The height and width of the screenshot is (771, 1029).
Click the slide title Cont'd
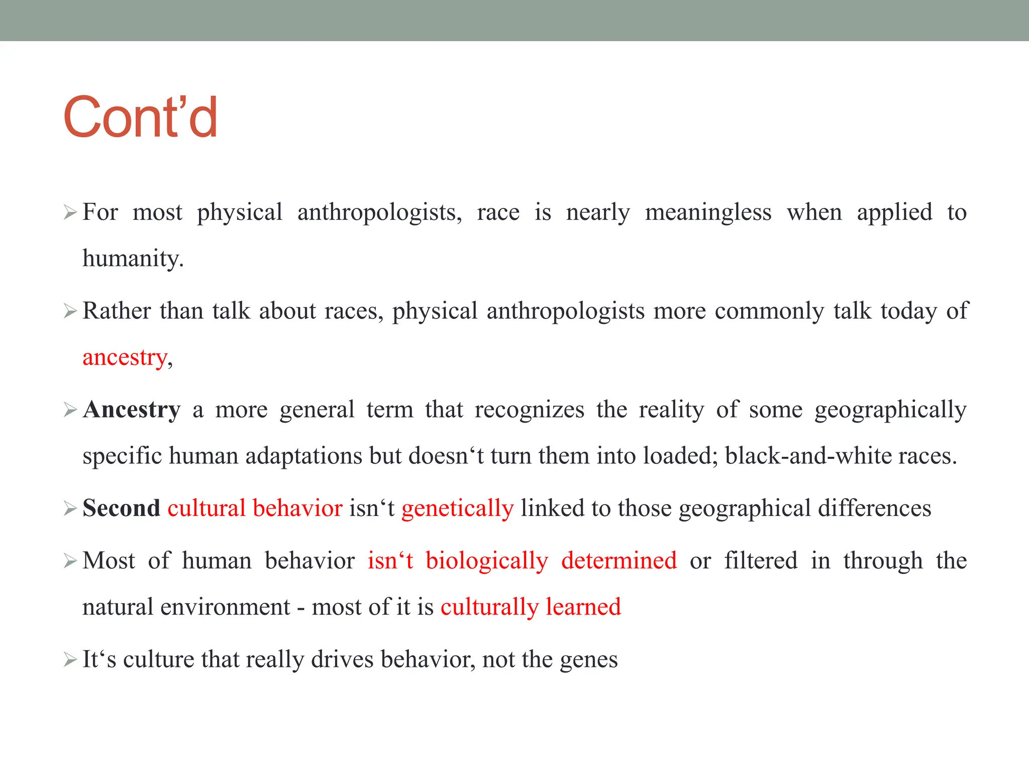(140, 117)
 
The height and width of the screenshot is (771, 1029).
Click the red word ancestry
(125, 357)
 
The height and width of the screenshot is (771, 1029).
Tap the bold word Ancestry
(132, 410)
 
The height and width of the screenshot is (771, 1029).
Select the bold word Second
(121, 508)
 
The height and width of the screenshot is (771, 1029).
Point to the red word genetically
(457, 508)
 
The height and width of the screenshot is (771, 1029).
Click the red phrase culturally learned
(531, 607)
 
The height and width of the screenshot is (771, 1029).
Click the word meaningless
(708, 212)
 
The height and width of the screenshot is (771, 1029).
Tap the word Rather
(116, 311)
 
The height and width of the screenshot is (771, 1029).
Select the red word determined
(619, 560)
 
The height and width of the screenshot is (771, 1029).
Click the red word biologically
(486, 560)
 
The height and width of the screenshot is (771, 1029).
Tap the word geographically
(890, 410)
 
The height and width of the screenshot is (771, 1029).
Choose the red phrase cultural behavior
(255, 508)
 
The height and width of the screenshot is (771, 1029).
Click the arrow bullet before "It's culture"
(70, 660)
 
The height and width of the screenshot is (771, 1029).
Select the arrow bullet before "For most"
(70, 213)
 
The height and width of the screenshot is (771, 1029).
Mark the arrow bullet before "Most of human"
(70, 561)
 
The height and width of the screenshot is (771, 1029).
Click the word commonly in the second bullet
(769, 311)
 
